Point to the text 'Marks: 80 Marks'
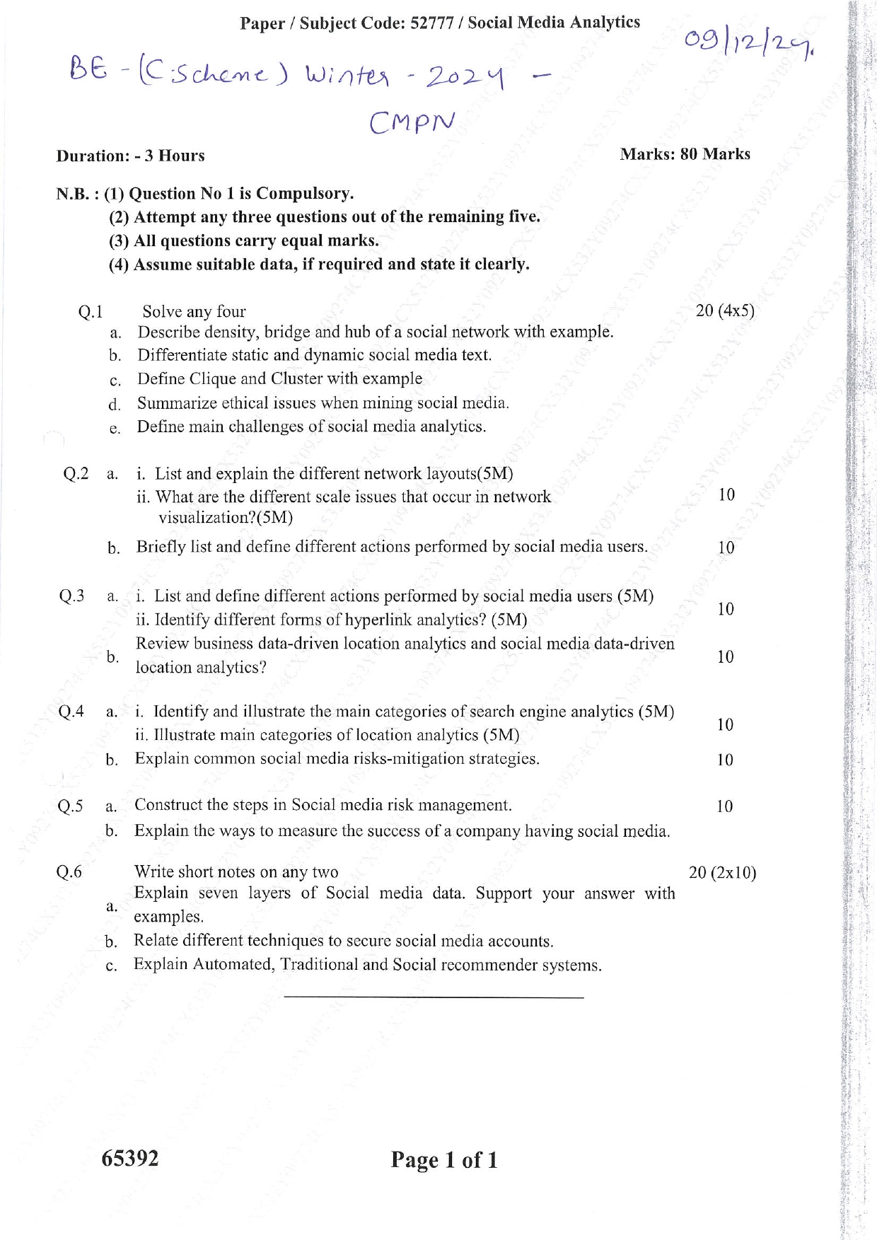point(685,154)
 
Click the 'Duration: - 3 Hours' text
point(130,156)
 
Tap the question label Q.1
point(91,312)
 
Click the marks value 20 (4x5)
point(725,311)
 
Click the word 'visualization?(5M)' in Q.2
point(225,517)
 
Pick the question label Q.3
point(71,596)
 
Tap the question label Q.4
point(71,712)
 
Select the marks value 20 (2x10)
point(722,873)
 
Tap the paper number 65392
point(130,1158)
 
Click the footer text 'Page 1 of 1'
point(444,1160)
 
